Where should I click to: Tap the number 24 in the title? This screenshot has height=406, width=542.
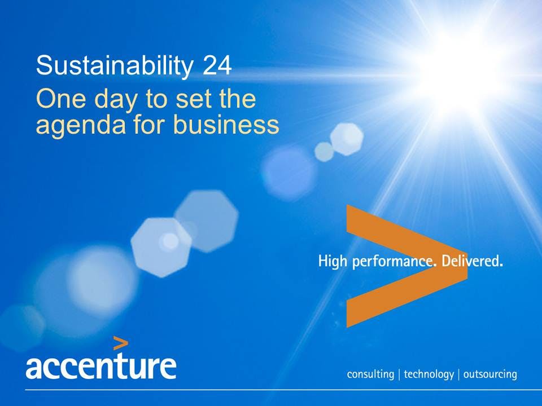(216, 66)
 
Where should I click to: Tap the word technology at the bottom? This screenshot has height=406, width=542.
(429, 374)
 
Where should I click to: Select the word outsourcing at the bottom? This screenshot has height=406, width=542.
(489, 374)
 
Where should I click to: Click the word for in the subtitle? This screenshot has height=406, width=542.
(151, 125)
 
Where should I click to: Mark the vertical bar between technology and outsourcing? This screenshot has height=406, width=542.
(458, 374)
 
